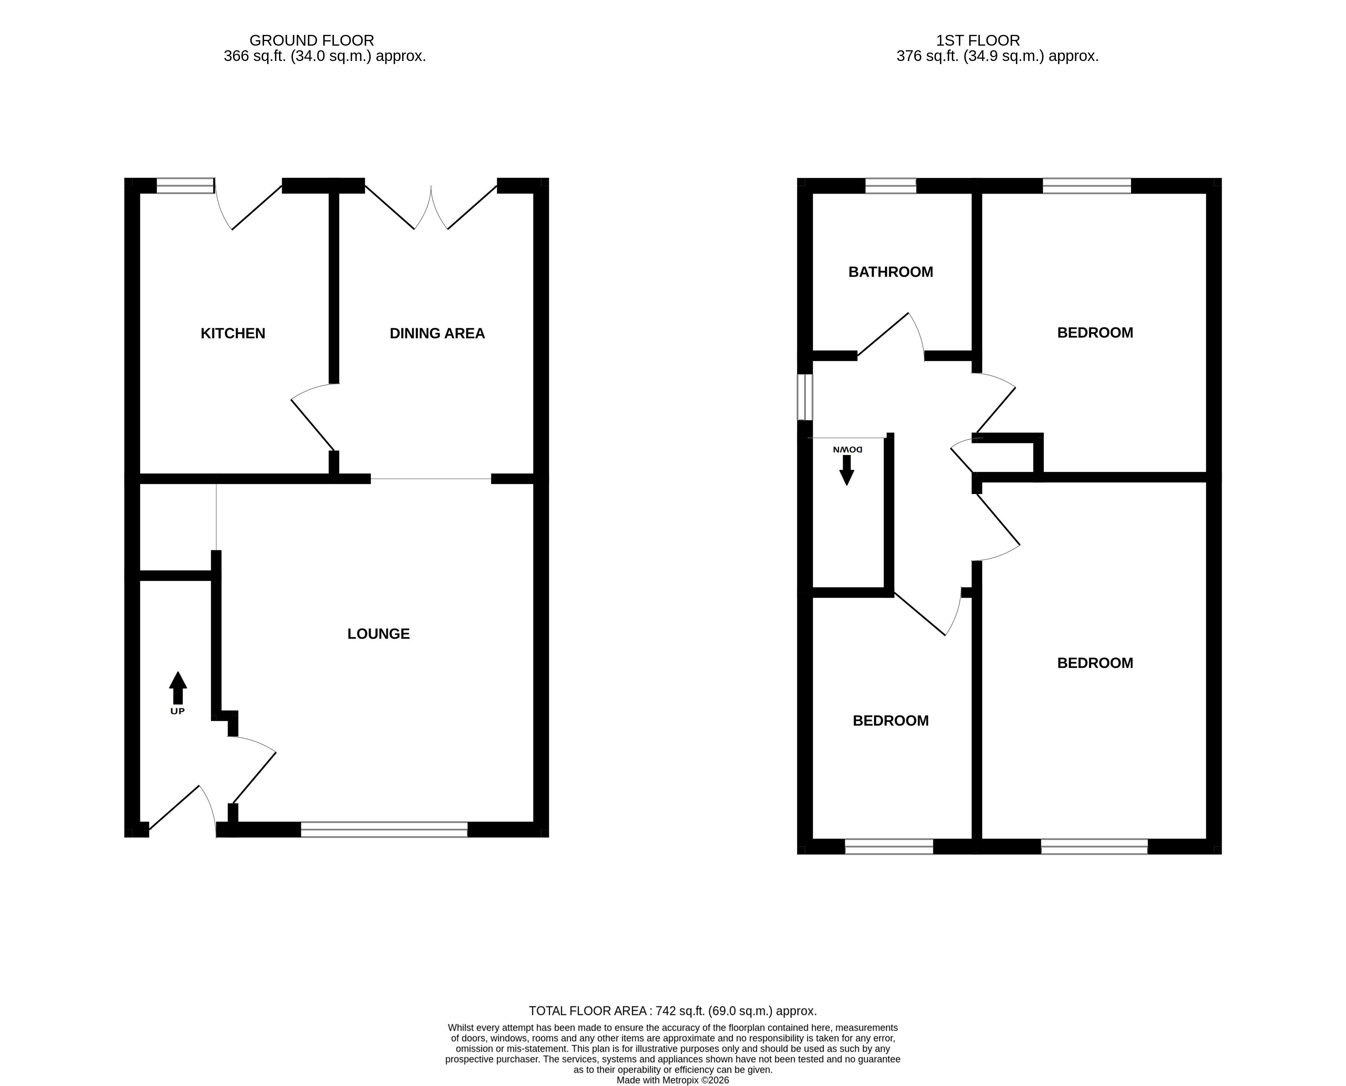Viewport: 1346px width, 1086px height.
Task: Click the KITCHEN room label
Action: (x=233, y=333)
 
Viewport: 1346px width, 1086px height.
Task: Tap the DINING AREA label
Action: (x=437, y=333)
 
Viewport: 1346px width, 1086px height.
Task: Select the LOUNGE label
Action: (x=378, y=634)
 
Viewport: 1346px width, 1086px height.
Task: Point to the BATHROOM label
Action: (x=890, y=272)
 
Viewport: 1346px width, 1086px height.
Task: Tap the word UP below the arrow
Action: (x=178, y=711)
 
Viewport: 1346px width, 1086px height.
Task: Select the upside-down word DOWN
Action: (x=848, y=449)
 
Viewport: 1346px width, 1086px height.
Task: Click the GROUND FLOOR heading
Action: (x=312, y=41)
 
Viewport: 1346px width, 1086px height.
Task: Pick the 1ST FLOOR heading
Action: (x=978, y=41)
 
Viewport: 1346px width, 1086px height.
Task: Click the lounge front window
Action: (x=384, y=829)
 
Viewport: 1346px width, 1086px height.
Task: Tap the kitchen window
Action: (x=185, y=186)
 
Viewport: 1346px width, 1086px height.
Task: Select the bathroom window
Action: (x=890, y=186)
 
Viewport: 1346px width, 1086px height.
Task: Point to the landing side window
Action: (x=805, y=397)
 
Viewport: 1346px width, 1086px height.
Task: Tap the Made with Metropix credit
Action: (x=673, y=1080)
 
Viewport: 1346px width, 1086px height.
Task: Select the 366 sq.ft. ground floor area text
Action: (x=325, y=56)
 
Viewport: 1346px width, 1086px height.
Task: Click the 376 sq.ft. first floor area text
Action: (x=998, y=56)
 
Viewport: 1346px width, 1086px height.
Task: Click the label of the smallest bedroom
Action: (x=890, y=721)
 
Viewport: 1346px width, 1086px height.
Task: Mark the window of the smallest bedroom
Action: (x=889, y=846)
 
